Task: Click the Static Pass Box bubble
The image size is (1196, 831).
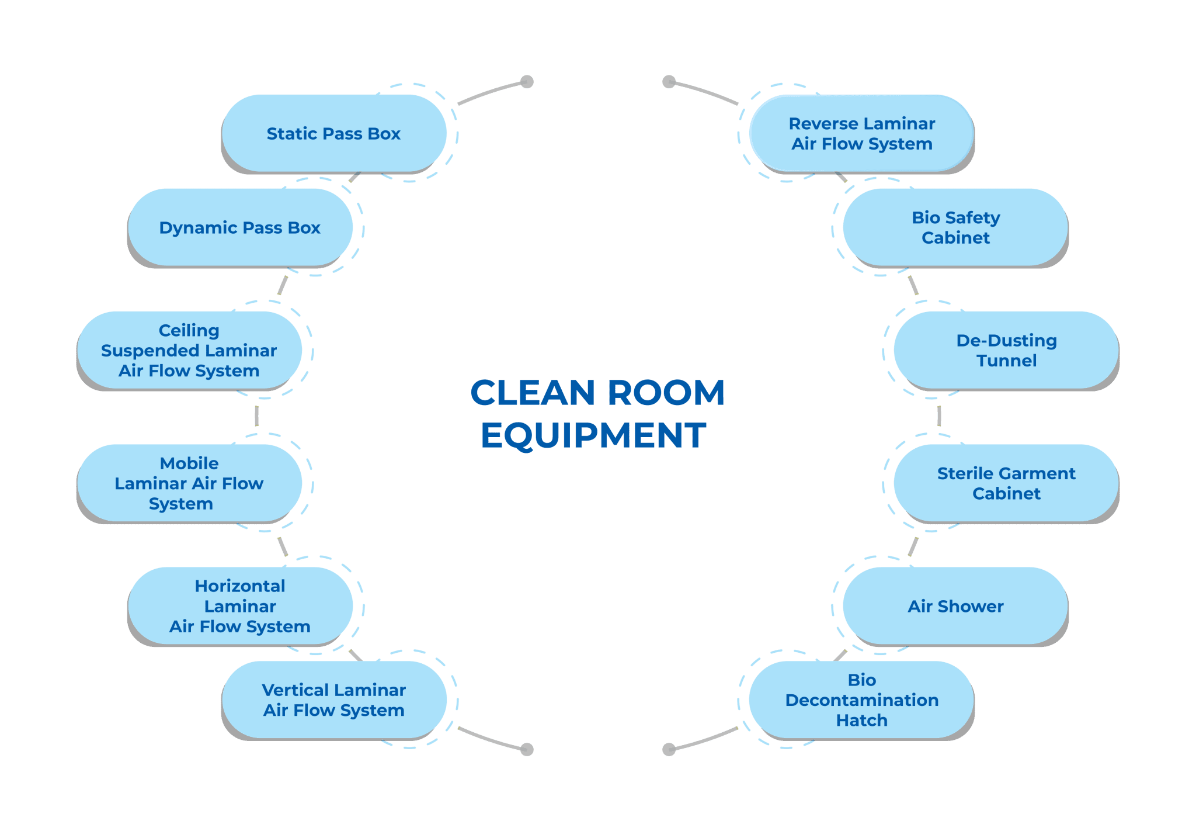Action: click(x=333, y=133)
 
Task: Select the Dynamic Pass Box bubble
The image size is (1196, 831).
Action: click(x=239, y=227)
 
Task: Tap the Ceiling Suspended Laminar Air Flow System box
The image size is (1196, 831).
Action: click(x=189, y=350)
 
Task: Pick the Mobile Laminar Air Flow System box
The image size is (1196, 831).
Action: click(x=189, y=483)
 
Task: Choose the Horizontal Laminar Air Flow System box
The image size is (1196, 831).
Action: click(x=239, y=606)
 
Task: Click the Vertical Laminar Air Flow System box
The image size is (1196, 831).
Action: click(x=333, y=700)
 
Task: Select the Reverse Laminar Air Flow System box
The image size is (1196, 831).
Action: click(x=861, y=133)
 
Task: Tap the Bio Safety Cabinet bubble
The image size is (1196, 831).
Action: click(x=955, y=227)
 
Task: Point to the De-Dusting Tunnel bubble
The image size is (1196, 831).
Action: click(x=1006, y=350)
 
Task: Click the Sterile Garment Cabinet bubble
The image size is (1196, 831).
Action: click(x=1006, y=483)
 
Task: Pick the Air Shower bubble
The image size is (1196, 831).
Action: click(x=955, y=606)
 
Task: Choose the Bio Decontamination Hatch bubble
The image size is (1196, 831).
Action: click(x=861, y=700)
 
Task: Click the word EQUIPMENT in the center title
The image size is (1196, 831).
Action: click(x=593, y=435)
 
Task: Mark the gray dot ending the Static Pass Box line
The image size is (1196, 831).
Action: click(x=527, y=82)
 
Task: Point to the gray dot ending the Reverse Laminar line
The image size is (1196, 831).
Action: click(x=669, y=82)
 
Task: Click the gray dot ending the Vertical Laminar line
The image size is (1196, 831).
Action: click(x=527, y=749)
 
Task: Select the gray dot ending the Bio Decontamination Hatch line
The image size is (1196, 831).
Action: click(x=669, y=749)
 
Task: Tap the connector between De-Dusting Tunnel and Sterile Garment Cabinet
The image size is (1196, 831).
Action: click(x=939, y=416)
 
